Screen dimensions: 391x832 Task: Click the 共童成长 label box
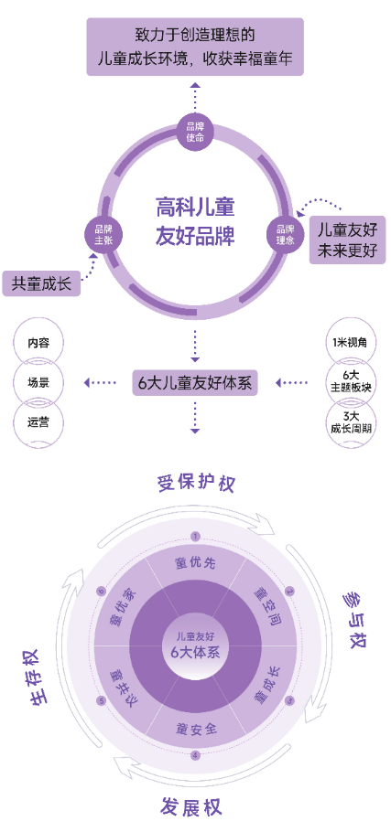point(41,283)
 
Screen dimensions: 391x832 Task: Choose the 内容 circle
point(38,342)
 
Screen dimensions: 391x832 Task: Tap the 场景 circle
point(38,382)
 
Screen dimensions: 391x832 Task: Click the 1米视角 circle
point(353,342)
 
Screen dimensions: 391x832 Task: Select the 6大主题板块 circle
point(353,382)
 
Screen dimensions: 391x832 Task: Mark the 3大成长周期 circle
point(353,421)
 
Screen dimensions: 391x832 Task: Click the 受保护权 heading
point(197,484)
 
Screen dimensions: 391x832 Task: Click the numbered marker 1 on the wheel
point(196,537)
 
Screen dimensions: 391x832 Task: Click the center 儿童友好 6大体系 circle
point(196,645)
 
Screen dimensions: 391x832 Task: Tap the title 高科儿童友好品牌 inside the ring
point(195,221)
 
